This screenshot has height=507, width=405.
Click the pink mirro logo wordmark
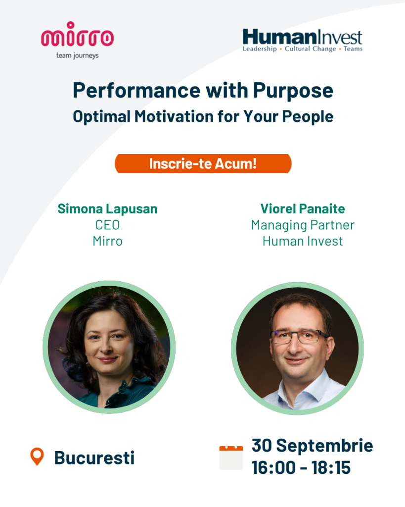77,34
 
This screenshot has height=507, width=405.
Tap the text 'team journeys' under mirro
77,55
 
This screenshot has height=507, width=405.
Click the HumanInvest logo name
302,37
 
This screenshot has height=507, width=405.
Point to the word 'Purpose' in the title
293,91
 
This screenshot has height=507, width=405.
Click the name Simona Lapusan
107,209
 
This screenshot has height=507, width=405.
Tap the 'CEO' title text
107,225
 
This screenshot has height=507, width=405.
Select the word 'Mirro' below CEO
107,241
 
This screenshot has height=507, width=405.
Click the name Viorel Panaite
303,209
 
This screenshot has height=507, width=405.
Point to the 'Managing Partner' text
303,225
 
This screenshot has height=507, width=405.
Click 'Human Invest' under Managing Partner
303,241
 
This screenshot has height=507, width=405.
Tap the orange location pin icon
37,456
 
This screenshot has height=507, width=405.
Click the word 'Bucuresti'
94,458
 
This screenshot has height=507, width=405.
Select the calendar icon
231,457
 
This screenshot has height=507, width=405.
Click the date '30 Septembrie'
313,446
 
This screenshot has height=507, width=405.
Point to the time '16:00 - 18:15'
301,468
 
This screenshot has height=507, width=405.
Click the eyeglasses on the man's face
299,337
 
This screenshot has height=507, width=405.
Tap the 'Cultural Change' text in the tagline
311,49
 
